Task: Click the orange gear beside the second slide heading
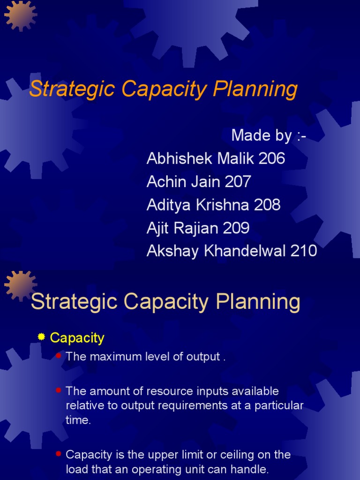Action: tap(20, 285)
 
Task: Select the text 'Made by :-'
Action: tap(269, 135)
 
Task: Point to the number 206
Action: tap(271, 158)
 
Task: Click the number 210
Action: tap(304, 251)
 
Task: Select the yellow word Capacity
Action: tap(77, 337)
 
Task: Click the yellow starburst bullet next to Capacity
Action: tap(41, 337)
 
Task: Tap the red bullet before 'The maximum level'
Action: tap(59, 356)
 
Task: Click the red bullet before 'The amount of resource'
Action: tap(59, 390)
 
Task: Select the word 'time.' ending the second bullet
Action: tap(78, 420)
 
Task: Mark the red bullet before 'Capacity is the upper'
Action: tap(59, 454)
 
